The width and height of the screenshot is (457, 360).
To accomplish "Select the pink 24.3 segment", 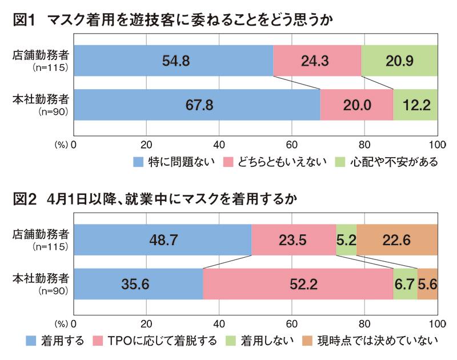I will click(x=317, y=61).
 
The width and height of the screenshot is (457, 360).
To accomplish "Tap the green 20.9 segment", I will click(x=399, y=61).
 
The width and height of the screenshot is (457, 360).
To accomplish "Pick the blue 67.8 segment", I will click(x=197, y=105).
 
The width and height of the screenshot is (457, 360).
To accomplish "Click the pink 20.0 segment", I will click(x=356, y=105).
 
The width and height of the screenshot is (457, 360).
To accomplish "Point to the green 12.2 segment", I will click(x=415, y=105).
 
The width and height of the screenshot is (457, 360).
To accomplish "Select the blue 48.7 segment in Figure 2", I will click(x=163, y=239).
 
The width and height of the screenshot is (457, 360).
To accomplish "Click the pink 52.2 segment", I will click(x=298, y=284).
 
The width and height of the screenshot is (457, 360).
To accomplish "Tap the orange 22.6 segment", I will click(x=396, y=239).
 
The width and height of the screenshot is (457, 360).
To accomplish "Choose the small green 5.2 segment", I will click(x=346, y=239).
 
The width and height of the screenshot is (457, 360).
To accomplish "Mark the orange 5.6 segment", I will click(x=427, y=284).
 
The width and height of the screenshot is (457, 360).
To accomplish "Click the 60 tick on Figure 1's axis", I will click(x=291, y=144).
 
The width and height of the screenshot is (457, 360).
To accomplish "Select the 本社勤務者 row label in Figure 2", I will click(x=41, y=278).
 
